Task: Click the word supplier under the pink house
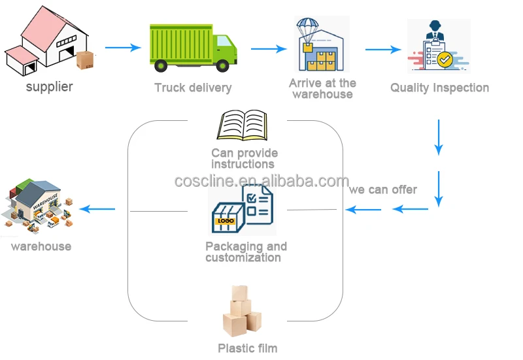click(x=49, y=86)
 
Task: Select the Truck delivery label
click(x=193, y=88)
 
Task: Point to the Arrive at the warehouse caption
click(x=322, y=88)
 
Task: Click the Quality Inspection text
click(x=439, y=88)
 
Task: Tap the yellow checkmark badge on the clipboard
click(x=445, y=59)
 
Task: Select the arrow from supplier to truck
click(x=123, y=48)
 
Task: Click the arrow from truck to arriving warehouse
click(x=269, y=48)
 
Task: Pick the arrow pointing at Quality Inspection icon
click(x=382, y=49)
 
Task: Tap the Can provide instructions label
click(x=244, y=158)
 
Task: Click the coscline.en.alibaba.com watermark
click(x=261, y=181)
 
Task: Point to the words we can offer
click(x=383, y=189)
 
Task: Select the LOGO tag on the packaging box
click(x=226, y=220)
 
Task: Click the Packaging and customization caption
click(x=245, y=252)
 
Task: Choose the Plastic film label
click(x=247, y=348)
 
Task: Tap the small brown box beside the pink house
click(x=85, y=60)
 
